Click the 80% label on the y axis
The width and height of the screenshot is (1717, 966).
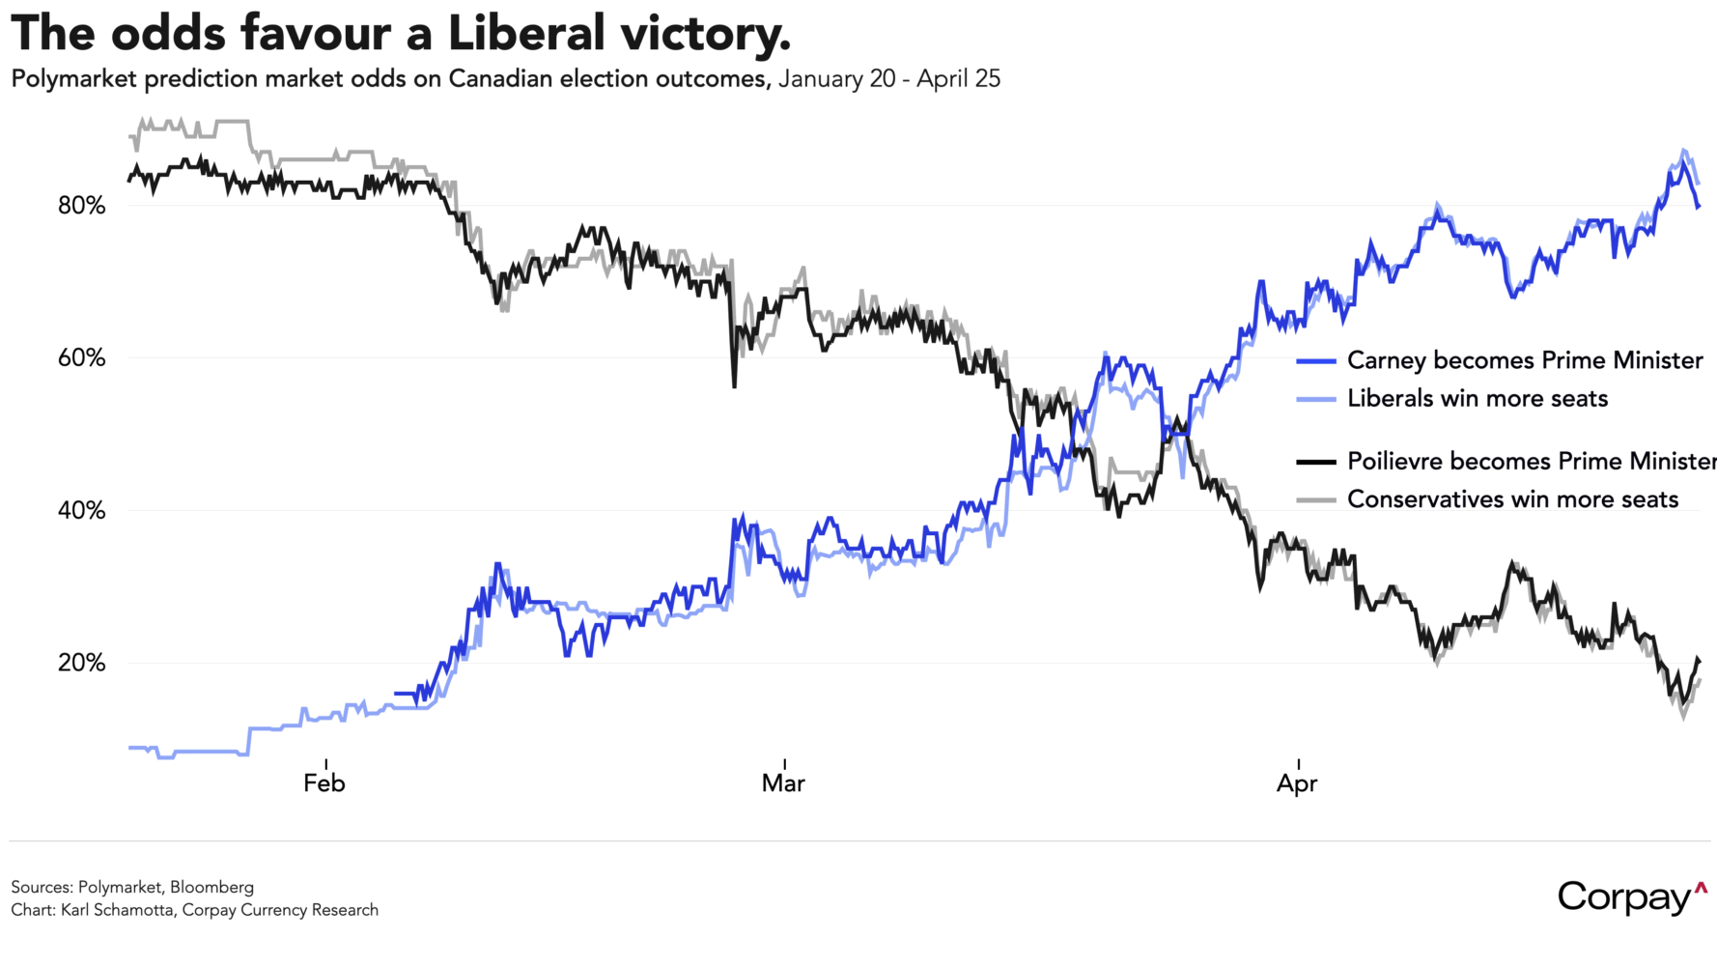click(81, 206)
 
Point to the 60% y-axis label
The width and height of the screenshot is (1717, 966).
click(81, 358)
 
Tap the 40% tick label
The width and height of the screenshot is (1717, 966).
click(81, 511)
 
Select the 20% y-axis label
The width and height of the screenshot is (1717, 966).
click(81, 664)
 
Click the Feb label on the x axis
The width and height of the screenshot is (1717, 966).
click(324, 782)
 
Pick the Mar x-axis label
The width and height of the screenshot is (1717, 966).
click(783, 782)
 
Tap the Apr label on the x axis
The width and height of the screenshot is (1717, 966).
click(1297, 782)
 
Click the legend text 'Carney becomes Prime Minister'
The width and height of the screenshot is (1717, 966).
click(1524, 360)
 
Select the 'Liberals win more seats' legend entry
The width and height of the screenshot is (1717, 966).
click(1478, 399)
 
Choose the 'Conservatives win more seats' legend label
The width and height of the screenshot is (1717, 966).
click(1512, 499)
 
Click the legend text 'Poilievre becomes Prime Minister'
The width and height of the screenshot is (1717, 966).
click(1530, 461)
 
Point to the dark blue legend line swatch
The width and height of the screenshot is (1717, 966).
click(1315, 361)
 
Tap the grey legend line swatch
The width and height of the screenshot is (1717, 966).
click(1315, 500)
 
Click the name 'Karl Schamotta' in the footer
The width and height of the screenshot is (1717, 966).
click(117, 910)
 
